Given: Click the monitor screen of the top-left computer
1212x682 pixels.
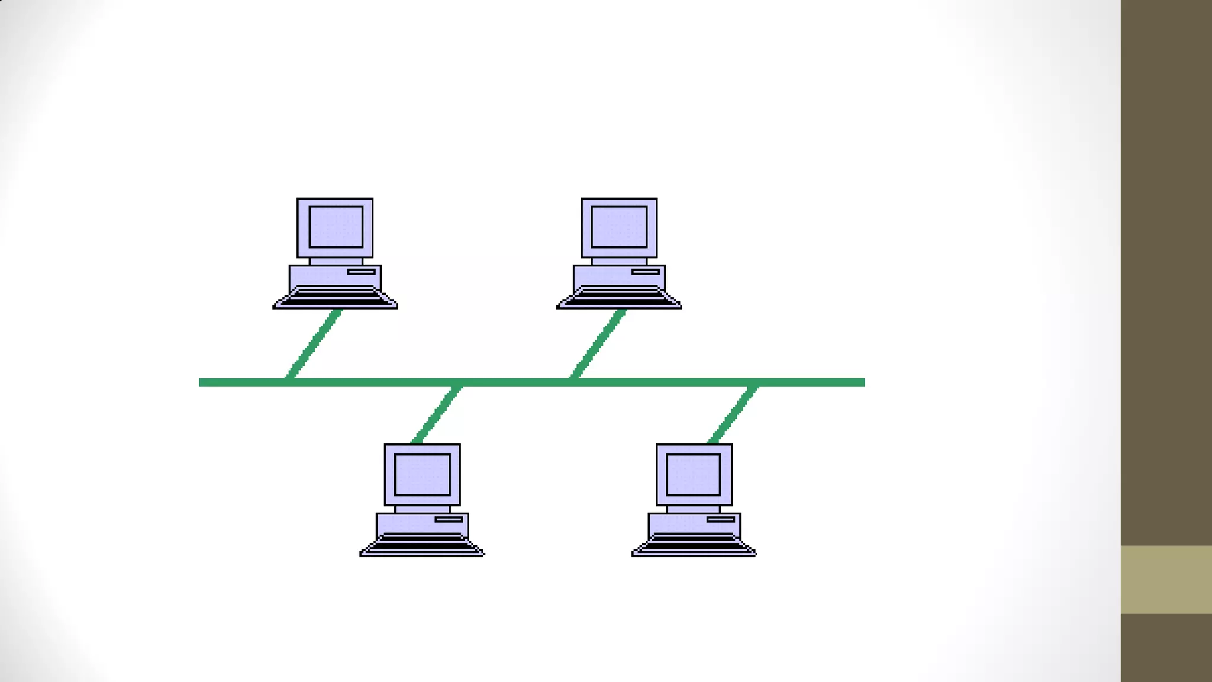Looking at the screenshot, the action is coord(336,227).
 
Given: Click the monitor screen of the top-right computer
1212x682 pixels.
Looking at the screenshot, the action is coord(619,227).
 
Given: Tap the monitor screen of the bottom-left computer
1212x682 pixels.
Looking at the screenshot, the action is coord(422,474).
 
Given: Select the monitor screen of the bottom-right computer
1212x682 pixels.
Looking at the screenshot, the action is coord(694,474).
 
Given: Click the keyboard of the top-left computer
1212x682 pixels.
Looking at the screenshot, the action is coord(334,298).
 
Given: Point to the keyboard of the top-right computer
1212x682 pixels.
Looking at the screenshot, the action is coord(619,298).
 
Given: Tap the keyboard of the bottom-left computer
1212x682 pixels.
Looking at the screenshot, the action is coord(422,545).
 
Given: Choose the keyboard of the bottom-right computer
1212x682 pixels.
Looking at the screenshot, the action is coord(694,545).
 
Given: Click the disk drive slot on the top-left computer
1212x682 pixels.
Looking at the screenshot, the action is coord(362,272).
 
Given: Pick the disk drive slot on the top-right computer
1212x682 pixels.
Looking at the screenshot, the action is coord(646,272).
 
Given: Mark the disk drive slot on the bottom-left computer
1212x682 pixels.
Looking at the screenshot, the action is coord(449,519).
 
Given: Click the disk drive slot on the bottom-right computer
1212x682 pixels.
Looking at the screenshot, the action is coord(721,519).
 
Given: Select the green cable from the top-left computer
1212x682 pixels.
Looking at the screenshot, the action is coord(314,343).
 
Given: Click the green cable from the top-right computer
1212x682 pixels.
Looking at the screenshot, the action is coord(598,343).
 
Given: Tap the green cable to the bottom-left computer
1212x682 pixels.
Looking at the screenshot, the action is coord(437,414).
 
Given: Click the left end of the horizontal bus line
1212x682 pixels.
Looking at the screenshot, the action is coord(203,382).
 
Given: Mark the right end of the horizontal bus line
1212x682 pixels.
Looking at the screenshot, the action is coord(861,382).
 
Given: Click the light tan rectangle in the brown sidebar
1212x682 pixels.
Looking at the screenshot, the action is coord(1166,579).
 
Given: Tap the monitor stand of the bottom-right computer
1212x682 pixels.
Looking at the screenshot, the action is coord(694,509).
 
